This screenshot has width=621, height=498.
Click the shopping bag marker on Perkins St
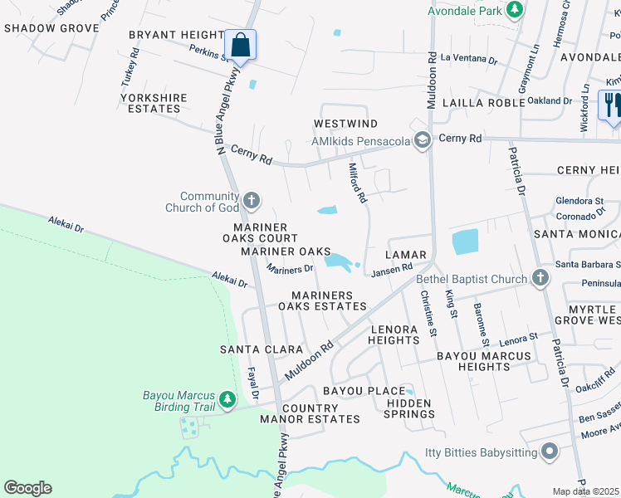[x=240, y=45]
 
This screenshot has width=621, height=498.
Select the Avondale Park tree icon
[x=516, y=11]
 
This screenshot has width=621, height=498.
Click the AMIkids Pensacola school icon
[x=423, y=140]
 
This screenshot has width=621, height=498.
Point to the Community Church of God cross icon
[x=252, y=200]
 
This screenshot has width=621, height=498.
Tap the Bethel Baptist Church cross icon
[x=540, y=279]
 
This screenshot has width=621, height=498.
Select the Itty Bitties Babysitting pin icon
[x=548, y=452]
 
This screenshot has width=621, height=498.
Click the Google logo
[x=27, y=488]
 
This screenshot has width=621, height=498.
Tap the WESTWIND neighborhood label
[x=345, y=124]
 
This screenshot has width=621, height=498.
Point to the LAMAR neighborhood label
[x=406, y=255]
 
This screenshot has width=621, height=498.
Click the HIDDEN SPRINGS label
[x=409, y=408]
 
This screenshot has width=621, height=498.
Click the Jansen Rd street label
[x=392, y=269]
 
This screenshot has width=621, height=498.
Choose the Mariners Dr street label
[x=290, y=268]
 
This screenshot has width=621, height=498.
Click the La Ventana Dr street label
[x=469, y=59]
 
